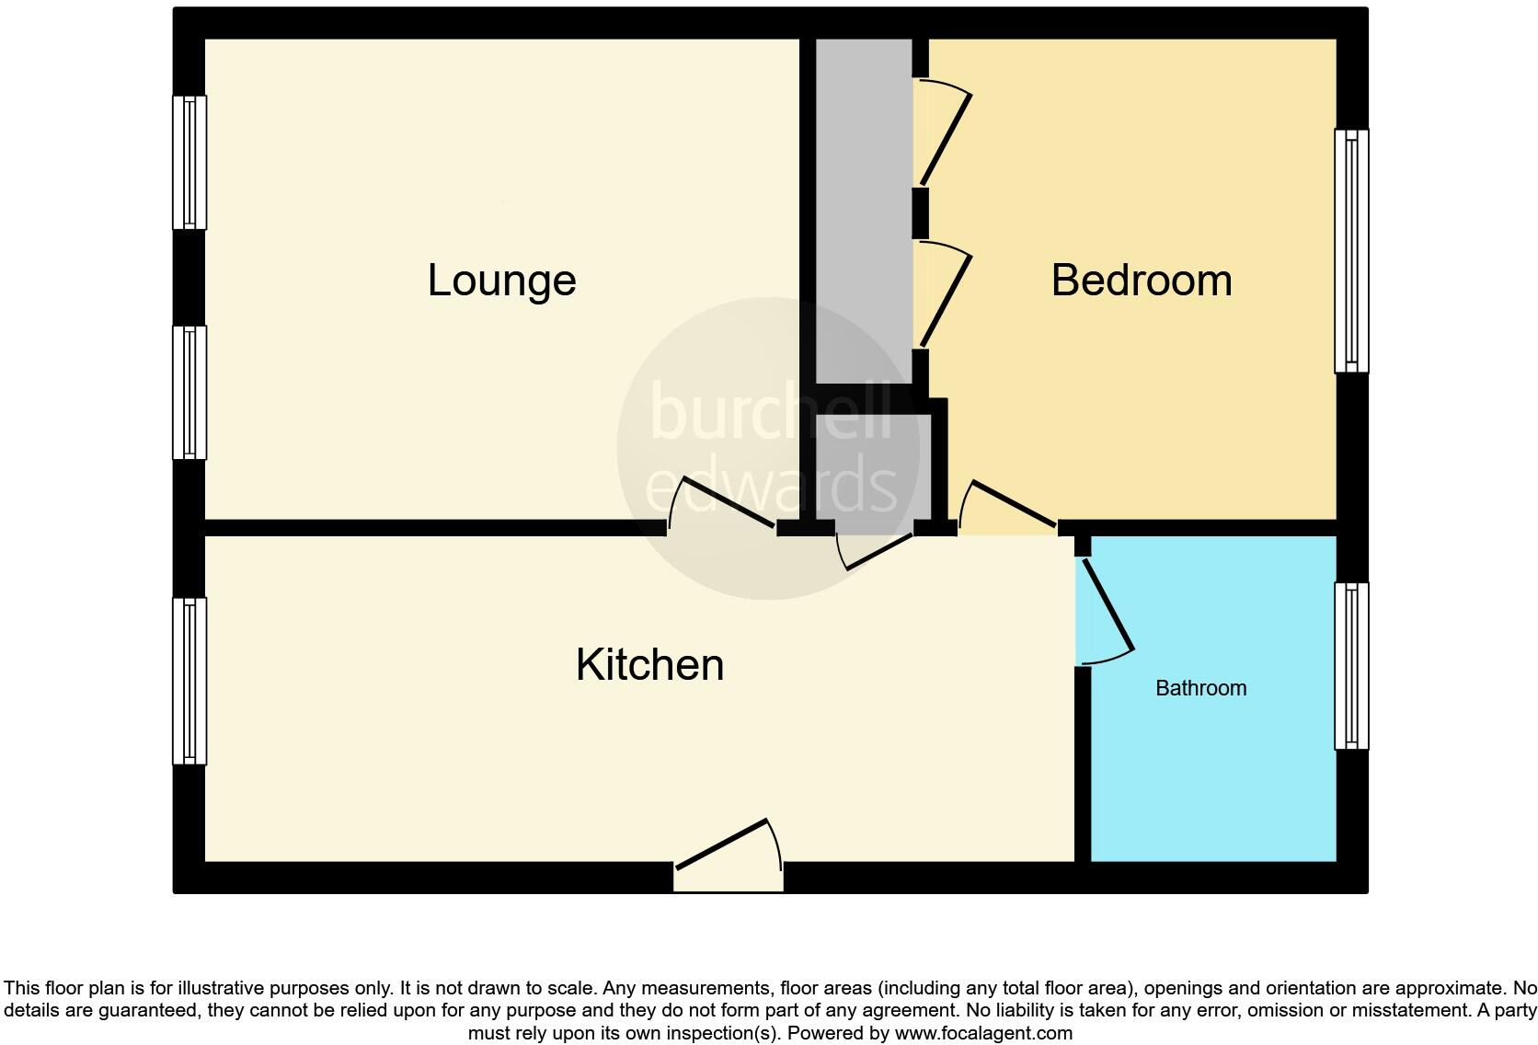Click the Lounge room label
click(501, 281)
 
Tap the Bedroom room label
click(1141, 281)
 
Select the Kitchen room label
click(649, 665)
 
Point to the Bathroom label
click(1200, 688)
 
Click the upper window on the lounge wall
click(189, 162)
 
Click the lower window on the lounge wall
click(189, 392)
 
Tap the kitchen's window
click(189, 681)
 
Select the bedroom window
click(1351, 250)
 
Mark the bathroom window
click(1351, 665)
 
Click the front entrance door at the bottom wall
click(729, 856)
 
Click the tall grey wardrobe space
click(864, 212)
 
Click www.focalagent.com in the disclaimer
click(983, 1033)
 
